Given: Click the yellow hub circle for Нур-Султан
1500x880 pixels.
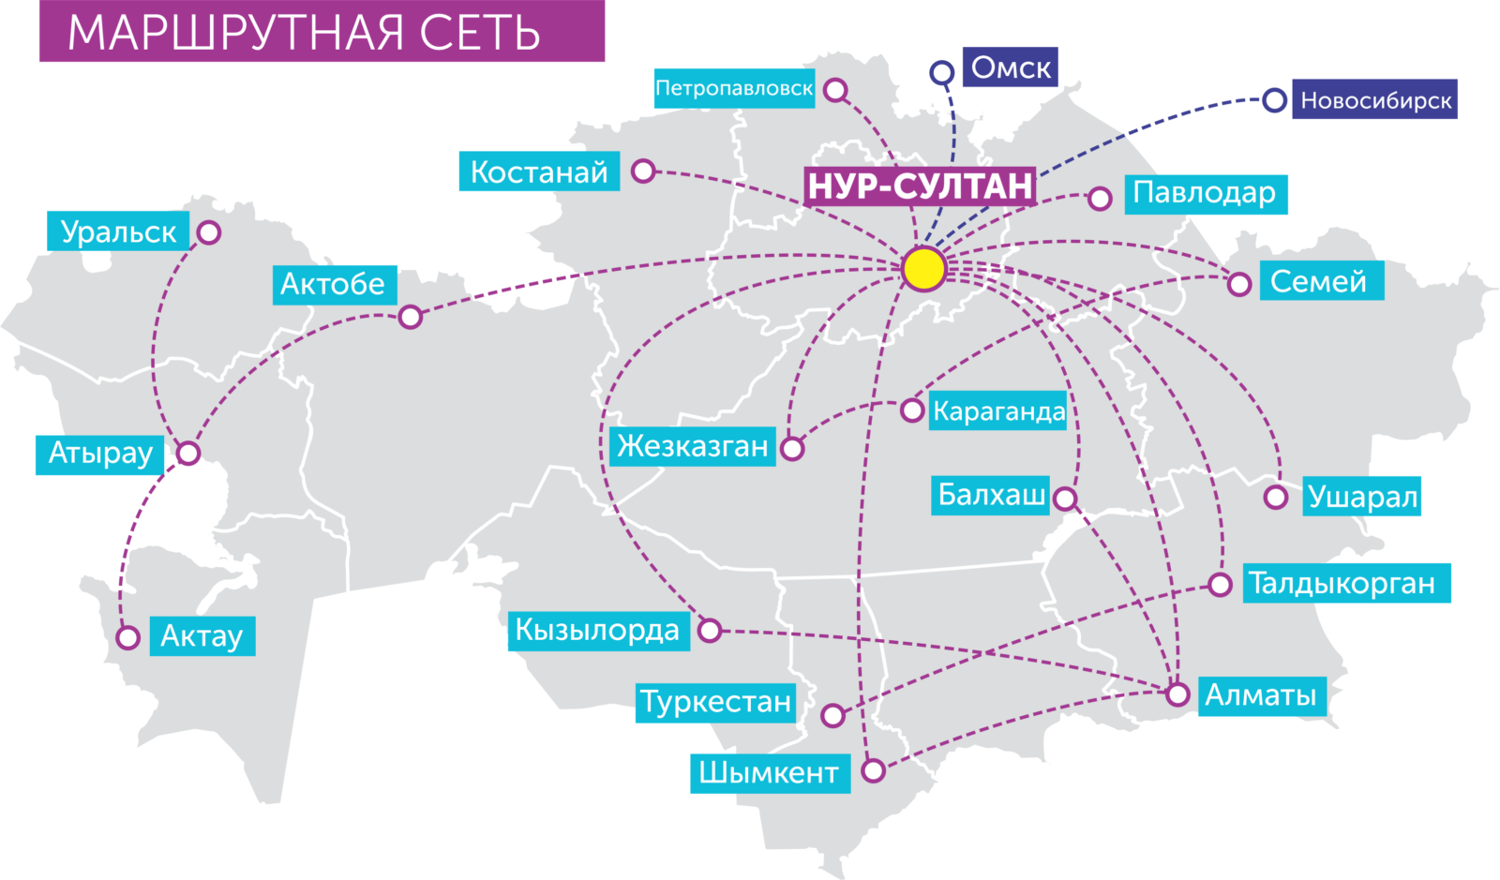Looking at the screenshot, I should point(924,269).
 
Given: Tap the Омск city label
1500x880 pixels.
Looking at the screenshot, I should point(1011,67).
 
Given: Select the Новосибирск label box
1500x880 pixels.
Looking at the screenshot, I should point(1375,100).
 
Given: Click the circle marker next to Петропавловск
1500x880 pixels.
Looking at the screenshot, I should point(836,90).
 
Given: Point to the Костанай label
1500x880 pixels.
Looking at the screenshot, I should point(539,172).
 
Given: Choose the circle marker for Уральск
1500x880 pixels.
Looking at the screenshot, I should point(209,232).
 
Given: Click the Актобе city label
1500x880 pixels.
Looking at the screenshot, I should point(333,284).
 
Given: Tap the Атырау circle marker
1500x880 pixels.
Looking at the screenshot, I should point(188,454).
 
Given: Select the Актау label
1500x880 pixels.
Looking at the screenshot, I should point(202,636).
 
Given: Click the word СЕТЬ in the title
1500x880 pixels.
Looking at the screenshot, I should point(480,33).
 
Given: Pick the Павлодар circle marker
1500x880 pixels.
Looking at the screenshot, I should point(1100,199).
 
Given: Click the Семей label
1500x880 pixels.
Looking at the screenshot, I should point(1319,281).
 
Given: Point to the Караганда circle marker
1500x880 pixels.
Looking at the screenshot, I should point(911,410).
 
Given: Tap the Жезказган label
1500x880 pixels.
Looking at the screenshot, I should point(692,446).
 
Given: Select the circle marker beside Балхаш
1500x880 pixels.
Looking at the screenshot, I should point(1065,498).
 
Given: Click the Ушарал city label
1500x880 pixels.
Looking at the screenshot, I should point(1362,497).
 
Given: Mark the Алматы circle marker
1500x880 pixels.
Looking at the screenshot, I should point(1177,694).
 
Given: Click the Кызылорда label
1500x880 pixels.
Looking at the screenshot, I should point(597,630).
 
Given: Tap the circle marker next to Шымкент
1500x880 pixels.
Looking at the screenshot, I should point(873,771).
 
